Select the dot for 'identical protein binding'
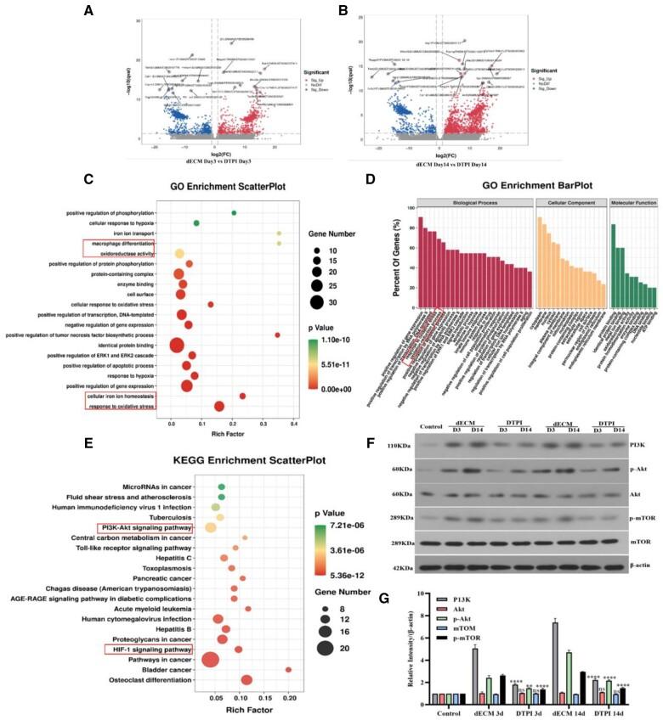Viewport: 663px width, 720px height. (177, 345)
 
